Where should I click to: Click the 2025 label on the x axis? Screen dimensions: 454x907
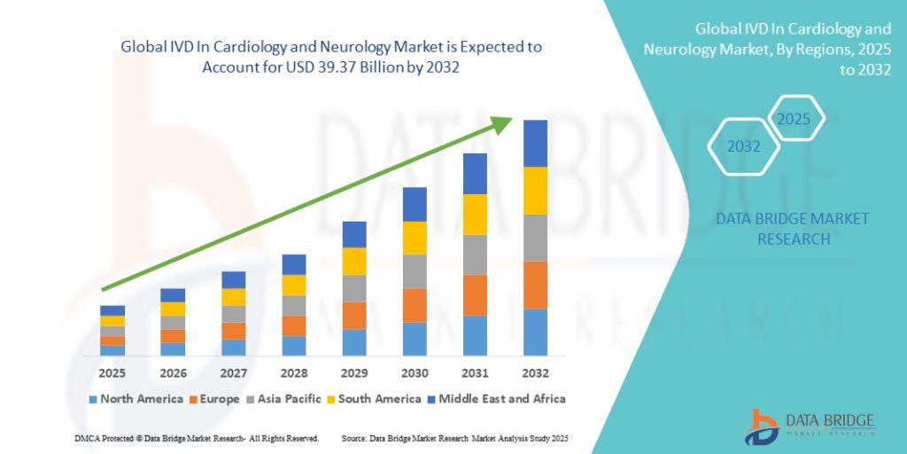(x=112, y=372)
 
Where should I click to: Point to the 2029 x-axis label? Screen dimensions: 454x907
(x=354, y=372)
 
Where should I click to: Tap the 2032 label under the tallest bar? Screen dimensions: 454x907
(x=535, y=372)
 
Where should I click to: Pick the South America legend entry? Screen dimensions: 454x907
(x=378, y=399)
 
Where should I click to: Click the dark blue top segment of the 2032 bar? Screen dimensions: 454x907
(x=535, y=143)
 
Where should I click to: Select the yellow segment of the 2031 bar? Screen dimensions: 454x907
(x=475, y=215)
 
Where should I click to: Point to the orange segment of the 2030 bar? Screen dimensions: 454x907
(x=415, y=305)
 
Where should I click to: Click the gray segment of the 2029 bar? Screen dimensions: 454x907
(x=354, y=288)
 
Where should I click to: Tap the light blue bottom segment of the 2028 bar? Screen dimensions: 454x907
(x=294, y=346)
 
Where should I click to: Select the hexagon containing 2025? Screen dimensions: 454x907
(x=795, y=118)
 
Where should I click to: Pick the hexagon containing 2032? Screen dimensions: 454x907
(x=744, y=146)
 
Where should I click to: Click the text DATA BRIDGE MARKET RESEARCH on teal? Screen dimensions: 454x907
(x=793, y=228)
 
